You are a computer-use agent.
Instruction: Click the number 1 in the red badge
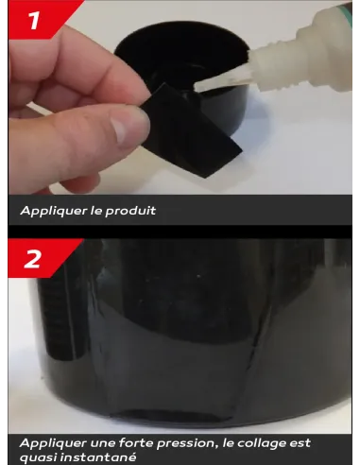point(34,20)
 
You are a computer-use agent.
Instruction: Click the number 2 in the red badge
point(32,259)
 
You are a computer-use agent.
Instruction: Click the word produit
point(130,211)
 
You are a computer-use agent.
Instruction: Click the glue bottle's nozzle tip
point(196,86)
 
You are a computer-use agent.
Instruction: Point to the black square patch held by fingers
point(190,131)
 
